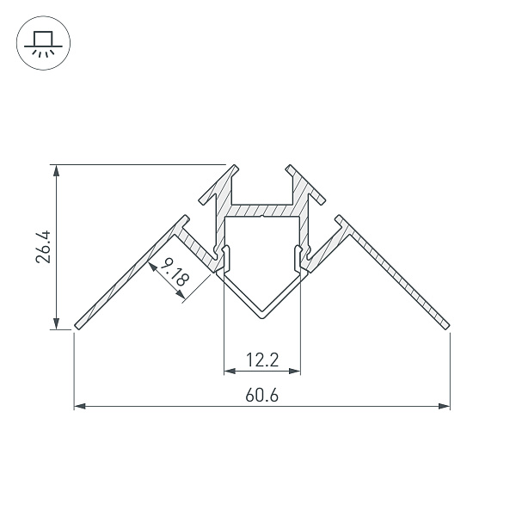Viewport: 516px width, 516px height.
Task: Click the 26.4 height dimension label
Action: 43,247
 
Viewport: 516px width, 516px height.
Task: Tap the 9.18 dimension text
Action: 175,272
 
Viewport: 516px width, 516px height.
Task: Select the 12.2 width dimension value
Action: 262,359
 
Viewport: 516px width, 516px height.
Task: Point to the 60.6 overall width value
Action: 262,396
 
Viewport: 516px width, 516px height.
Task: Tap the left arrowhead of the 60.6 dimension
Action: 80,406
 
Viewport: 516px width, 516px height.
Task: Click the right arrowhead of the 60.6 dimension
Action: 444,406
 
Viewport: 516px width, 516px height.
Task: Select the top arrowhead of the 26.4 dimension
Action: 57,171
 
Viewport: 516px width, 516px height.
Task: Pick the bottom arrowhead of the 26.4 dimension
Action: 57,323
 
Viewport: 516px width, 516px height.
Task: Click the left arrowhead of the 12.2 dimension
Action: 230,372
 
